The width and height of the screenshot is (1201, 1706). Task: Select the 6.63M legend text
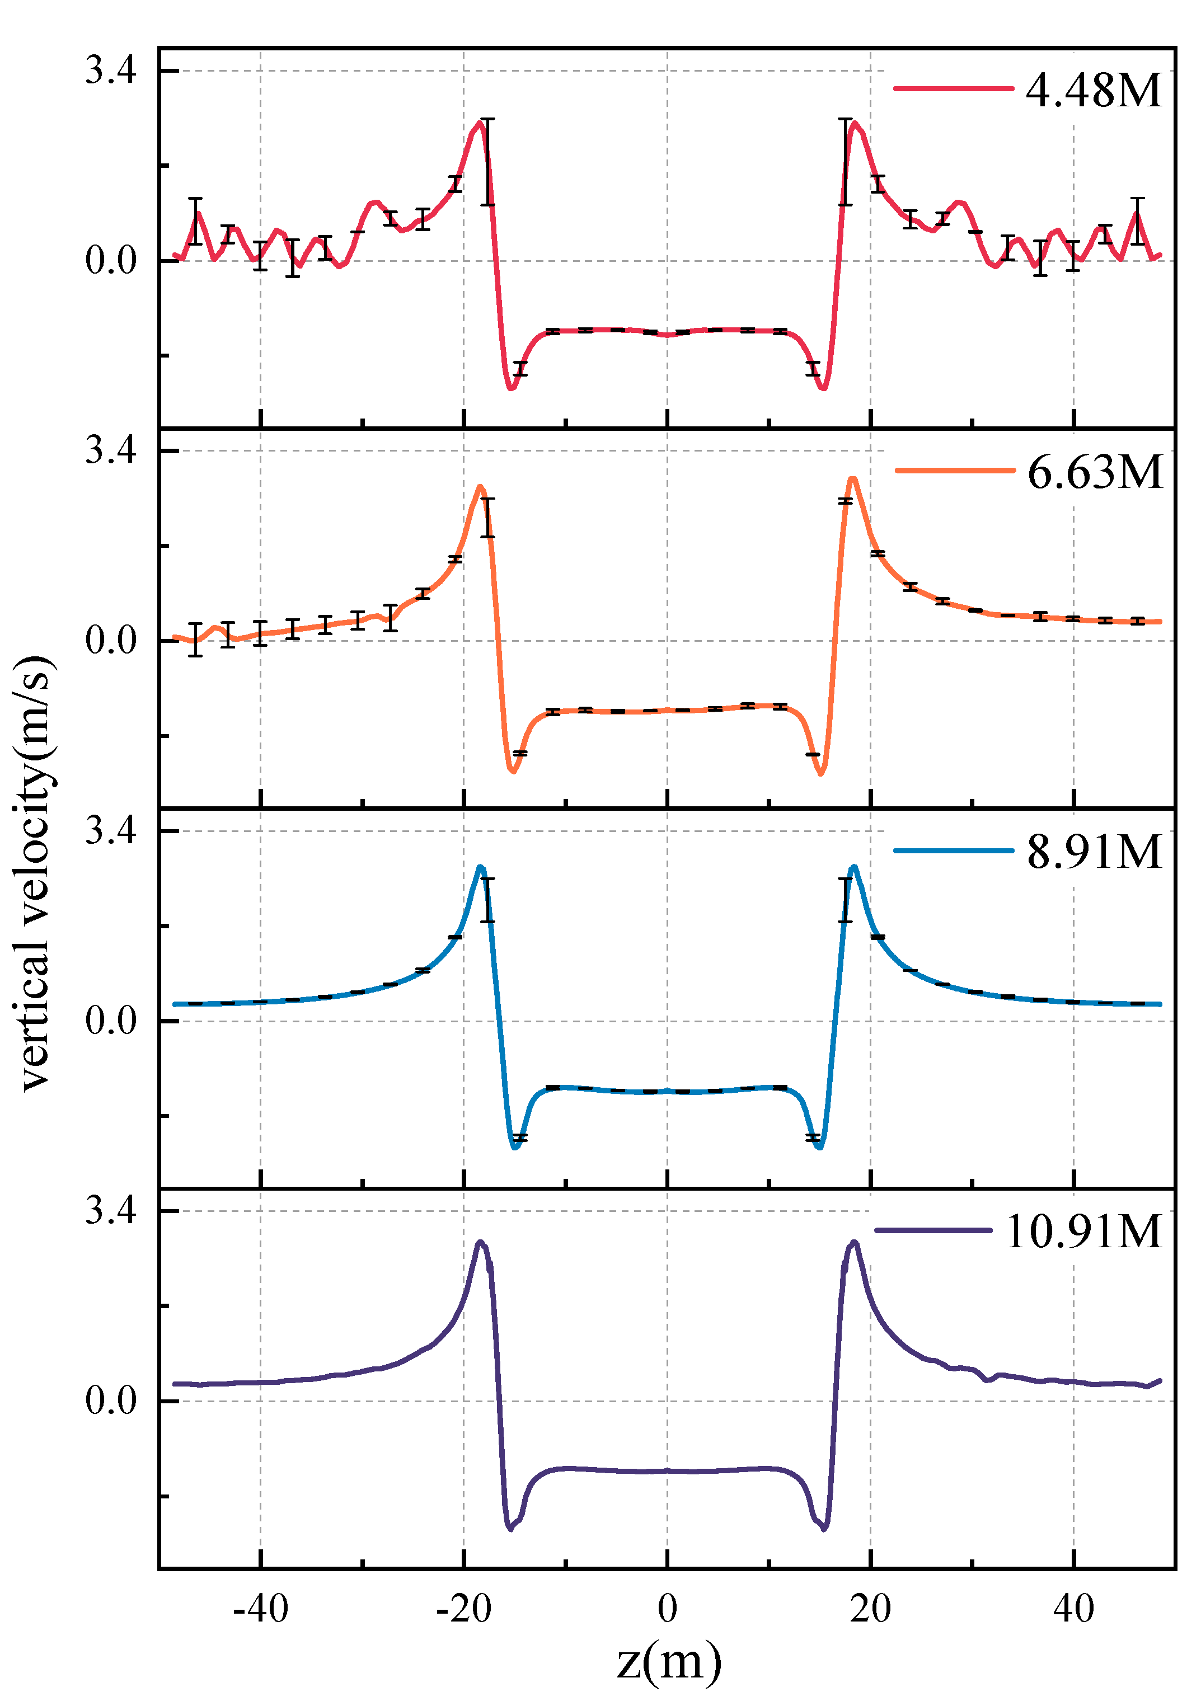pos(1095,473)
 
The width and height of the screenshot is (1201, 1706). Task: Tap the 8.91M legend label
pos(1094,852)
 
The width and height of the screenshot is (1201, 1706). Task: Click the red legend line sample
pos(954,88)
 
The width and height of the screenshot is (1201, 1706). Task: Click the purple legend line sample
pos(933,1230)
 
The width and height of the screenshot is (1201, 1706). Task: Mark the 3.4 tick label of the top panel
pos(111,71)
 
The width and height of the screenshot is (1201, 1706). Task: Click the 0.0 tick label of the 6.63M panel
pos(111,641)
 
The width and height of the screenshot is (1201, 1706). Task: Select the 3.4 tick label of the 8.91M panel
pos(111,831)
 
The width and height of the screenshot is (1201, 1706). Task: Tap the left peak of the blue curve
pos(481,867)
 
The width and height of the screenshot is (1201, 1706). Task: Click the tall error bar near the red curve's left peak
pos(487,161)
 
